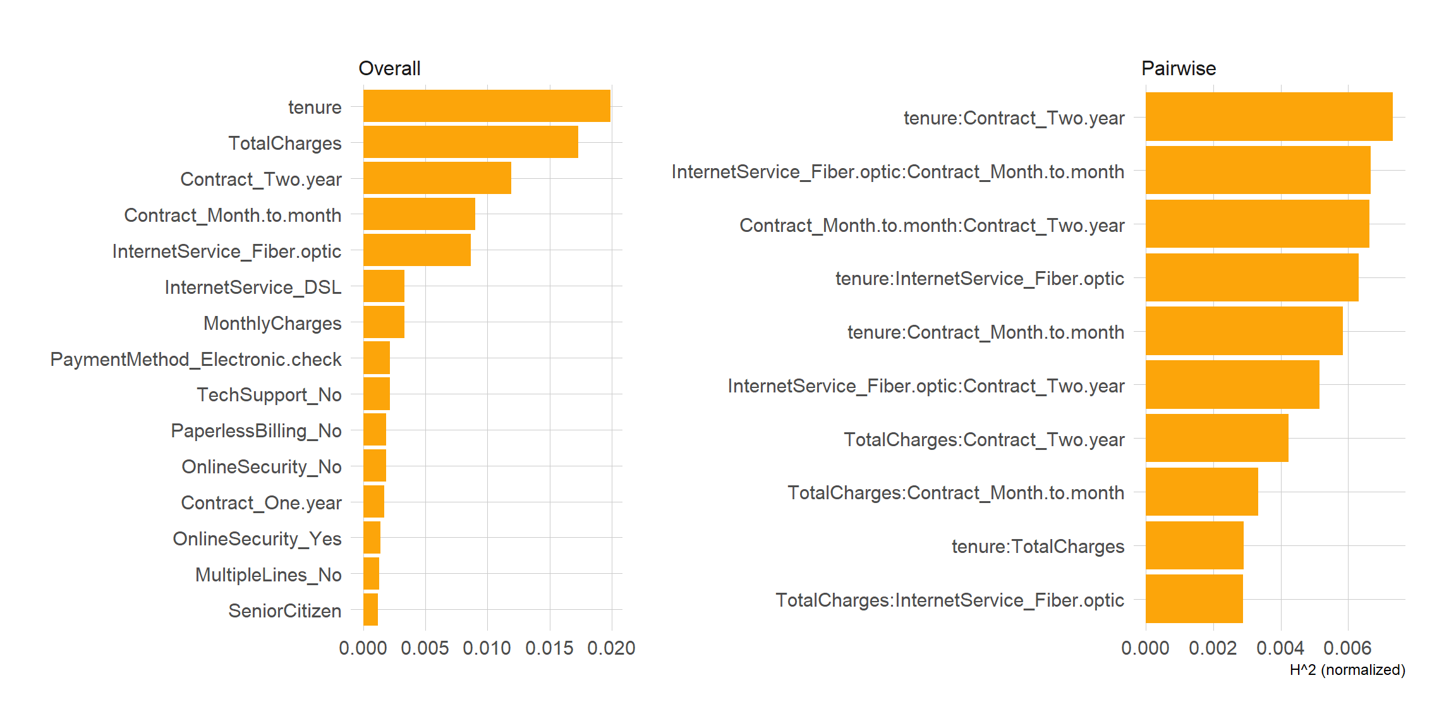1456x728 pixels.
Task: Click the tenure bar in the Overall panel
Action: (x=487, y=106)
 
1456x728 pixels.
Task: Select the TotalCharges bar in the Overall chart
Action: (x=470, y=142)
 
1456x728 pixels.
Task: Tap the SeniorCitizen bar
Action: (x=371, y=610)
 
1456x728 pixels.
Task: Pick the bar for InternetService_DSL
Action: (x=384, y=286)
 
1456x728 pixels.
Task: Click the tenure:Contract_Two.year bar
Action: (x=1268, y=117)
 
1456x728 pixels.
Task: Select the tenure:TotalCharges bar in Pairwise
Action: (x=1194, y=545)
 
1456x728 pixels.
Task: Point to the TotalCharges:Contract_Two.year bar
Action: (x=1216, y=439)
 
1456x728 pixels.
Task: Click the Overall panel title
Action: (x=389, y=68)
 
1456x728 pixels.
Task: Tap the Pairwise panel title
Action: (x=1178, y=68)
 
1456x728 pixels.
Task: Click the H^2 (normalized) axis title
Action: (x=1347, y=670)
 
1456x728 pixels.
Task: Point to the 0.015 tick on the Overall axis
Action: (x=549, y=648)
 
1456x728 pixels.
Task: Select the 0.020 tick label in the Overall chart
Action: (x=611, y=648)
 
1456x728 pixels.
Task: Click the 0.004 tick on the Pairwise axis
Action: (x=1280, y=648)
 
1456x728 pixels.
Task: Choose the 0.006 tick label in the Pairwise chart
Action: (x=1347, y=648)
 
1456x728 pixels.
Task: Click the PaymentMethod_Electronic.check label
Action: (x=196, y=359)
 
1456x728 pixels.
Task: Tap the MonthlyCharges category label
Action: (x=272, y=323)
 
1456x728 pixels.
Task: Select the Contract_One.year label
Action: (x=261, y=502)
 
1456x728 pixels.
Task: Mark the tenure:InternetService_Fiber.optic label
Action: (x=980, y=278)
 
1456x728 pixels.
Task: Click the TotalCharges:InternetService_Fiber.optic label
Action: (x=950, y=600)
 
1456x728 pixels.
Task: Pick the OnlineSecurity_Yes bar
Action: (x=372, y=538)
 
